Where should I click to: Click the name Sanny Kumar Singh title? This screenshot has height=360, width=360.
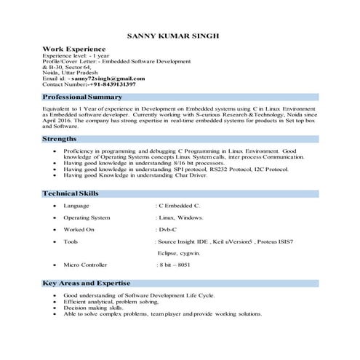point(172,34)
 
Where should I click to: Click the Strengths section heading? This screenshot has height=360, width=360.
point(60,137)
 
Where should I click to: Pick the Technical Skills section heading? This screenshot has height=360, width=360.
point(71,193)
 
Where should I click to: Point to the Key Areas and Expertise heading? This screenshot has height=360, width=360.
point(87,282)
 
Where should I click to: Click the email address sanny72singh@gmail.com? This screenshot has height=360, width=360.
point(111,79)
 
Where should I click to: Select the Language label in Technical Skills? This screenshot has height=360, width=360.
point(76,206)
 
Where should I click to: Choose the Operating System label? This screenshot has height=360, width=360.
point(87,217)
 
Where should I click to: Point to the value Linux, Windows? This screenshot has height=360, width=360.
point(180,217)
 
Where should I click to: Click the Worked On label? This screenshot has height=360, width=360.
point(79,229)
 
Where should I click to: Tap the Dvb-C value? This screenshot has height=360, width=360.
point(169,229)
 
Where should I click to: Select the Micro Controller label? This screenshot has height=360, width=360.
point(86,265)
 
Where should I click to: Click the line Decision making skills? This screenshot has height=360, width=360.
point(93,308)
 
